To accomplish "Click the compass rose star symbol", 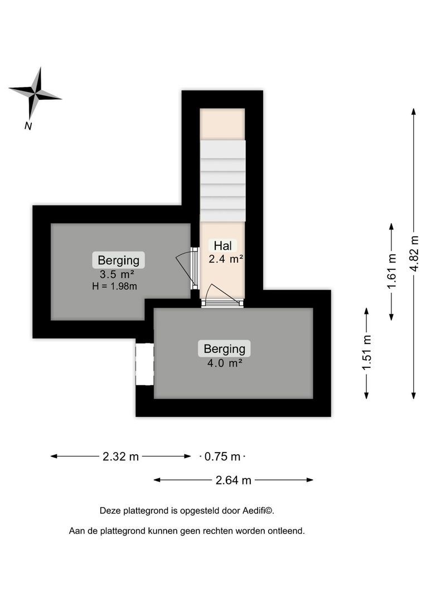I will [35, 93].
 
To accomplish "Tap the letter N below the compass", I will [28, 126].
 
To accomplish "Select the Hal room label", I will [222, 245].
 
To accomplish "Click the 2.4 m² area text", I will [226, 259].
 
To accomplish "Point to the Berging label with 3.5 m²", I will [118, 260].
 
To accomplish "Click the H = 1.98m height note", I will [114, 287].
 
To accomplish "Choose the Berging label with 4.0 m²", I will [224, 349].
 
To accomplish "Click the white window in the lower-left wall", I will [144, 364].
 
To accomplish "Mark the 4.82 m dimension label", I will [414, 253].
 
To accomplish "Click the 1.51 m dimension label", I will [366, 353].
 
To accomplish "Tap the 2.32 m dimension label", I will [120, 457].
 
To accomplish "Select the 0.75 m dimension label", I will [222, 457].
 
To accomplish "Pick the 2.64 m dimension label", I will [233, 480].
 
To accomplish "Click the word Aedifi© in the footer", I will [258, 510].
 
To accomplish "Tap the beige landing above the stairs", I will [222, 124].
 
